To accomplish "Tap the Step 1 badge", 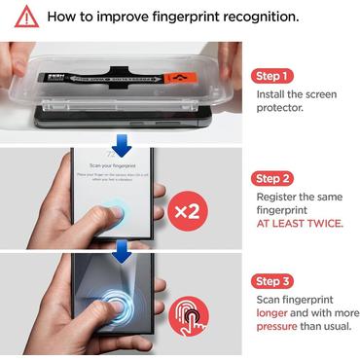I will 273,76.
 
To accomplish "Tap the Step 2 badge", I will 273,178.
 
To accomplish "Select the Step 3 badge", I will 273,281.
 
